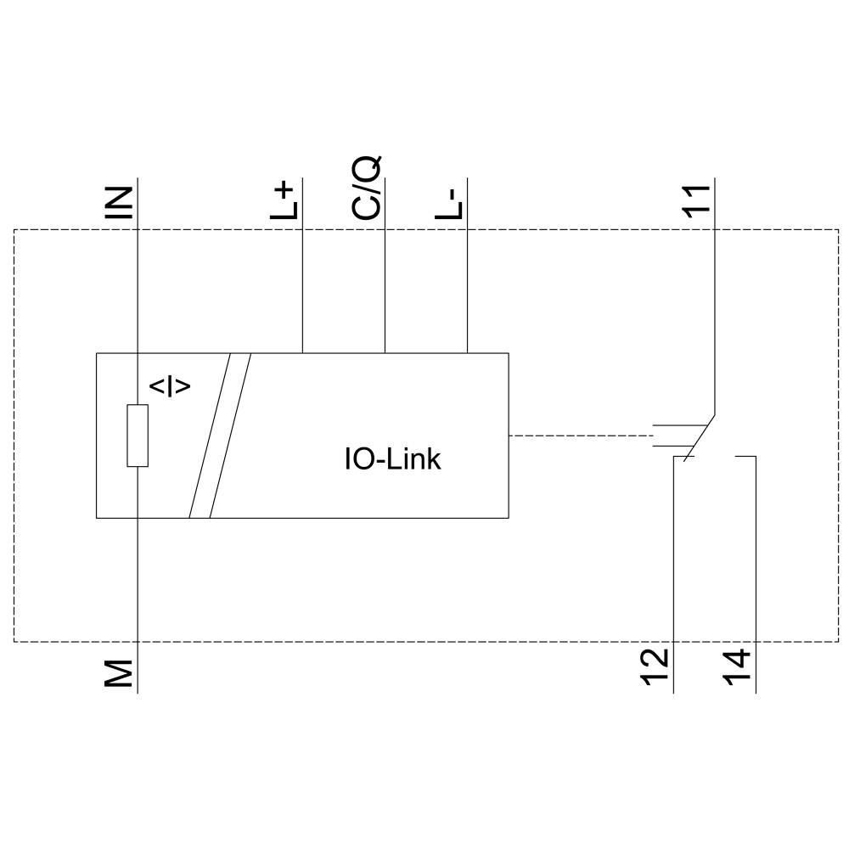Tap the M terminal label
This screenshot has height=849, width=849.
[123, 672]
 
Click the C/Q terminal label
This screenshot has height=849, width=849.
[368, 188]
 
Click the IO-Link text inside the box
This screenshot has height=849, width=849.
[392, 459]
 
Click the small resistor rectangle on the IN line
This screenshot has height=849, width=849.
[138, 436]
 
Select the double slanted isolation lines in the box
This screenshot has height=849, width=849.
[220, 435]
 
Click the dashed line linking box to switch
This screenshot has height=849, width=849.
[577, 436]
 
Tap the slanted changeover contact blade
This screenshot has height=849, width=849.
[700, 438]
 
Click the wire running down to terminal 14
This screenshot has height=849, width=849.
[755, 577]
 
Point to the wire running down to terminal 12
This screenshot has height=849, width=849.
[673, 577]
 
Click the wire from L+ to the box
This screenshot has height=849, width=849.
[303, 289]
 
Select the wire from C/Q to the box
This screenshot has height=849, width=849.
[385, 289]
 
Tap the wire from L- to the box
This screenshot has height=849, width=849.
[468, 289]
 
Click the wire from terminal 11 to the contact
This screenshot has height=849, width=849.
[715, 323]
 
